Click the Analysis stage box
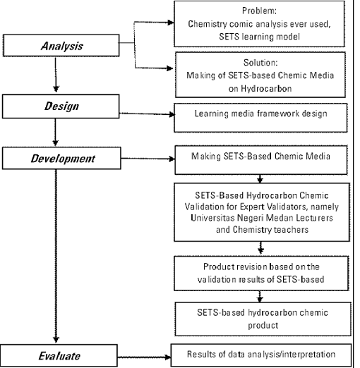pos(61,45)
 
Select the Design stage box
pos(61,106)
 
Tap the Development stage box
pos(61,158)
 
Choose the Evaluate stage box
pos(59,355)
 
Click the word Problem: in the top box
pos(259,11)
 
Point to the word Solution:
pos(260,63)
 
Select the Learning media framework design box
pos(260,118)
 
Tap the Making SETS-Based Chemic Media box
pos(261,160)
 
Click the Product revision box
pos(261,274)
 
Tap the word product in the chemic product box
pos(263,326)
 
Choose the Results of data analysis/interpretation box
pos(261,355)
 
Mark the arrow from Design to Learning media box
pos(147,114)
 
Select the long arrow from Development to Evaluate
pos(56,256)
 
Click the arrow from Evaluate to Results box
pos(144,357)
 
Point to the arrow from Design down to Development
pos(56,132)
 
